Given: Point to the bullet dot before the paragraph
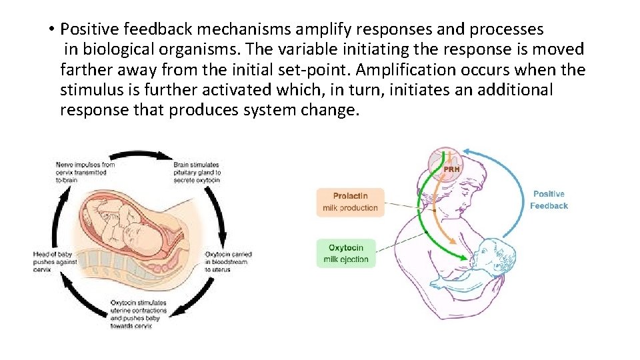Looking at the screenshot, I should (50, 30).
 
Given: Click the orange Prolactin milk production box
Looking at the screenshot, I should (350, 201).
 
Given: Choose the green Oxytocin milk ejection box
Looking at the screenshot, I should (346, 253).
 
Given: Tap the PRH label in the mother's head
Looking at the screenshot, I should (452, 169).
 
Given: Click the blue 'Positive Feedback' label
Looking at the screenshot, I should (549, 199).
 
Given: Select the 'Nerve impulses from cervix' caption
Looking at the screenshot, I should (85, 172).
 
